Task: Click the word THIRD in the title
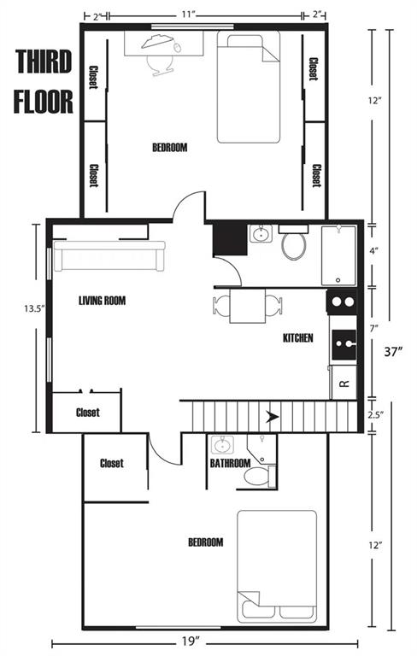pos(44,61)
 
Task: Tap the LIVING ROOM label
pos(103,301)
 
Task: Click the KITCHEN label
pos(298,337)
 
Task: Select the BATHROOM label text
pos(230,463)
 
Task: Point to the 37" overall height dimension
pos(394,351)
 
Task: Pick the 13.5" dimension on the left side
pos(34,308)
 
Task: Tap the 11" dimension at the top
pos(189,15)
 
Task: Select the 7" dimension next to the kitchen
pos(374,328)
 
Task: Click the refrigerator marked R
pos(344,383)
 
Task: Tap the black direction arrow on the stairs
pos(273,416)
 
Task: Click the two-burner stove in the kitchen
pos(342,302)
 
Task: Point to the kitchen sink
pos(344,345)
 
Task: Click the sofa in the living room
pos(109,255)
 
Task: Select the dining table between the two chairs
pos(248,306)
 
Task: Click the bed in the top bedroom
pos(249,89)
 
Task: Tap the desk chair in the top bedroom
pos(160,65)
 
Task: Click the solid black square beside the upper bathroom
pos(230,239)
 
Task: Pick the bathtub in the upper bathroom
pos(338,255)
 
